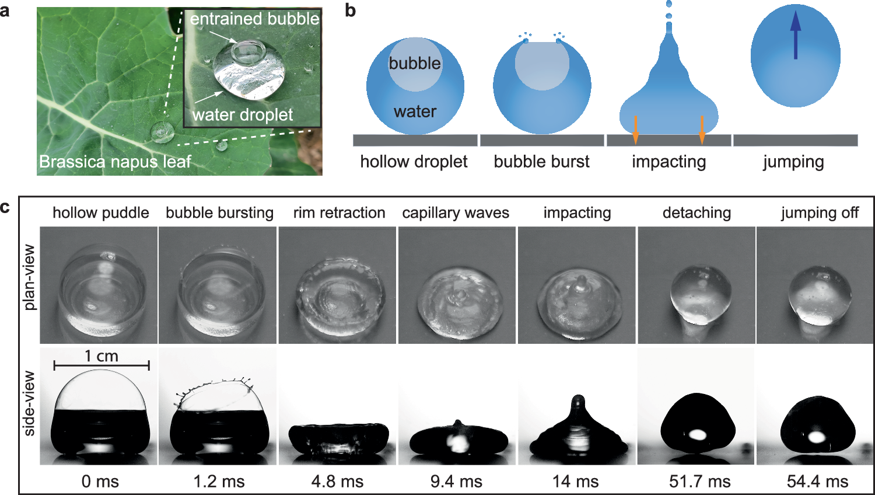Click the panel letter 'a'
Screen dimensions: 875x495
(x=5, y=10)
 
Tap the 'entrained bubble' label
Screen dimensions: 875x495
(x=254, y=19)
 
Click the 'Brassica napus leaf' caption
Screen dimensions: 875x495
(x=115, y=162)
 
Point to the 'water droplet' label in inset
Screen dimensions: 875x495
(x=243, y=114)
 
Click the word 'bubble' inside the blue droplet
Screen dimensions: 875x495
(x=415, y=63)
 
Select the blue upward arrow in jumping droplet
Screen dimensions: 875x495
(x=796, y=36)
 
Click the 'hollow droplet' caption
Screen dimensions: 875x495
(x=414, y=162)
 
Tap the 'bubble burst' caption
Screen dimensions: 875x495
(x=541, y=162)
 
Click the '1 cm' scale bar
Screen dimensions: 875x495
(x=101, y=365)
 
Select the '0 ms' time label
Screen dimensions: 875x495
(x=100, y=482)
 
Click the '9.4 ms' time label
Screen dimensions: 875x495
(x=456, y=482)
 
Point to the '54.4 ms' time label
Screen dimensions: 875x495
(x=817, y=482)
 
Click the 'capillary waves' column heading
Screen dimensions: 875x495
(x=456, y=212)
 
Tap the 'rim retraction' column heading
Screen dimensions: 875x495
(x=339, y=212)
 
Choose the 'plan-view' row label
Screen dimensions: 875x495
(x=29, y=278)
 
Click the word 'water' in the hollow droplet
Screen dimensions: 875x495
(x=415, y=111)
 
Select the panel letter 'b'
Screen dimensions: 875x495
(x=350, y=10)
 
